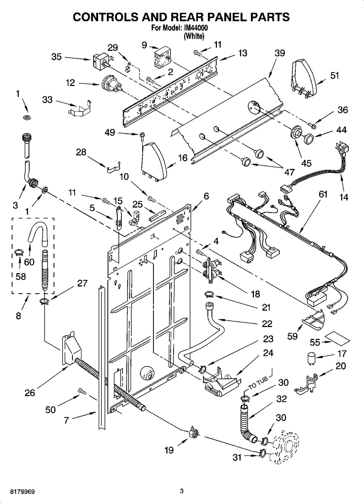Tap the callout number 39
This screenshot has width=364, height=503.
coord(280,53)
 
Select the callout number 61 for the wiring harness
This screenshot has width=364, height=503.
coord(323,194)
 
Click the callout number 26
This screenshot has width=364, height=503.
coord(29,393)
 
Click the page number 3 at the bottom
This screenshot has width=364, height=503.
coord(181,491)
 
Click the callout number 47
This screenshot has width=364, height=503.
coord(289,172)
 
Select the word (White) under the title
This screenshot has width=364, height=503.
coord(194,36)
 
